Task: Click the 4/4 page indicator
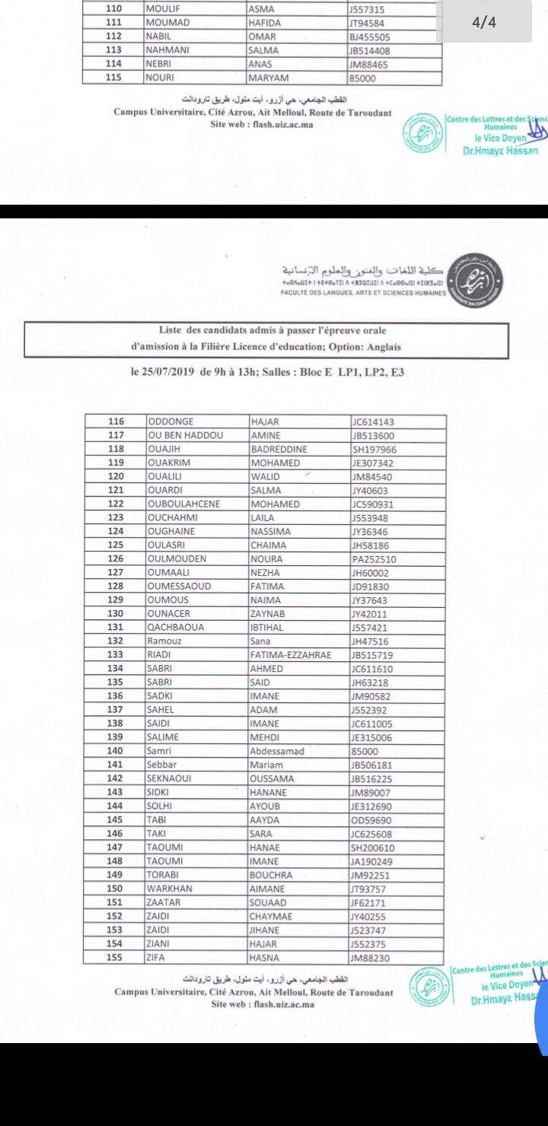pyautogui.click(x=484, y=22)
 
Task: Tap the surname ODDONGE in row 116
pyautogui.click(x=170, y=422)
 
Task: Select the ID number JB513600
pyautogui.click(x=373, y=436)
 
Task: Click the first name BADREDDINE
pyautogui.click(x=279, y=450)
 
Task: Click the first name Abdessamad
pyautogui.click(x=277, y=751)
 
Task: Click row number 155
pyautogui.click(x=116, y=957)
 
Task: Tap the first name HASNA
pyautogui.click(x=265, y=957)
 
